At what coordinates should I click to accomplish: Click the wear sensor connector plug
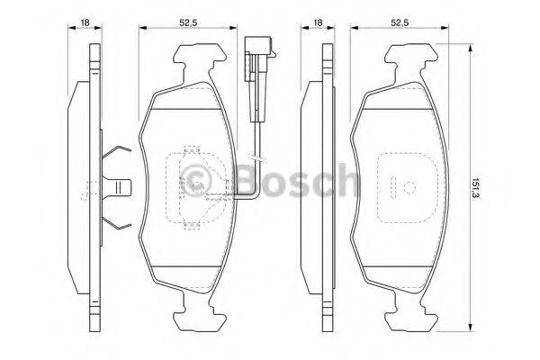tap(251, 59)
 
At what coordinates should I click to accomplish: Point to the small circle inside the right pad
tap(408, 188)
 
